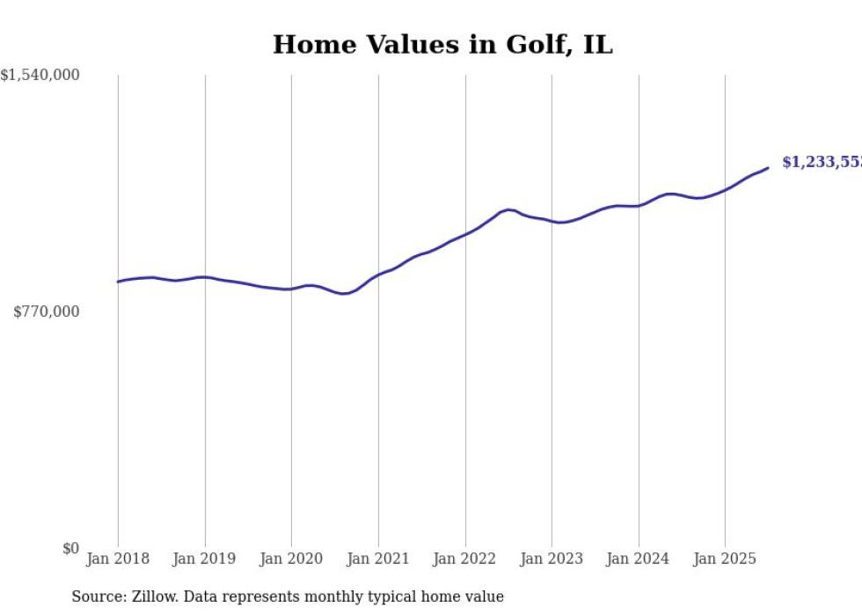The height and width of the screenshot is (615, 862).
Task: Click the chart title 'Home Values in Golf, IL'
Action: (442, 44)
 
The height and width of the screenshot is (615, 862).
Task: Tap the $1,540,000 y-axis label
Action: (40, 76)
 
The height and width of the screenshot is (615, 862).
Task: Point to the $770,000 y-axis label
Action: (46, 311)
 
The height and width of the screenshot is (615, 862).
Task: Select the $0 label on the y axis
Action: (70, 548)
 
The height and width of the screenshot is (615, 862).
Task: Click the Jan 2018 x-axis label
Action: (118, 559)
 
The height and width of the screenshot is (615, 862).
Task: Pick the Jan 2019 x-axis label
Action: (205, 559)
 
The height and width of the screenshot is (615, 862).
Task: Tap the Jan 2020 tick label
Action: (291, 559)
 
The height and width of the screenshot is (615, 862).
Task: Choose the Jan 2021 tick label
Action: (378, 559)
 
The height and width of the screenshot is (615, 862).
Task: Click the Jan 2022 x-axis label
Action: (465, 559)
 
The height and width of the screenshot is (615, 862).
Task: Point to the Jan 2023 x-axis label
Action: (552, 559)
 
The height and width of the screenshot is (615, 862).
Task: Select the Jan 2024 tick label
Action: (639, 559)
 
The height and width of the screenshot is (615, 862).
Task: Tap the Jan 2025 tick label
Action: (725, 559)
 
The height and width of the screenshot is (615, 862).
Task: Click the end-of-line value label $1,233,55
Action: (822, 163)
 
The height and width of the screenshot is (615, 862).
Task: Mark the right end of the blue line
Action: (768, 168)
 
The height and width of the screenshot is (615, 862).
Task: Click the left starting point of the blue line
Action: (118, 282)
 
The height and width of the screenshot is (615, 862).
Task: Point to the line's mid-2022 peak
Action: (508, 209)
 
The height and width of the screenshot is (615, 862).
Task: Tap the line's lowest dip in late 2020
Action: (343, 293)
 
